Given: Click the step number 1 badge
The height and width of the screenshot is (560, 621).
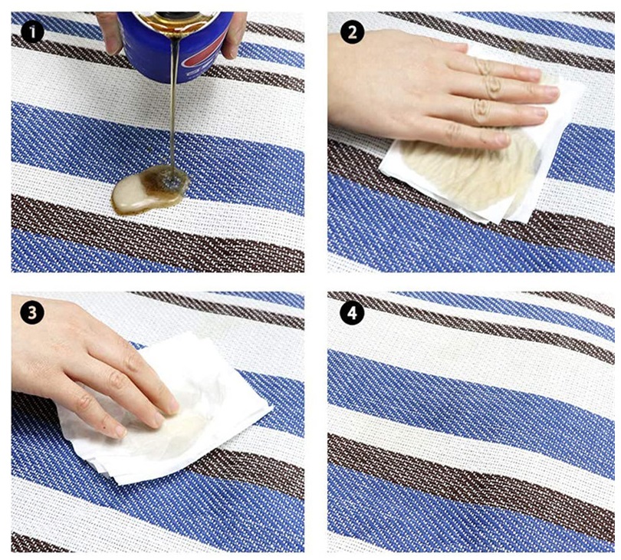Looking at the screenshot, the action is (32, 32).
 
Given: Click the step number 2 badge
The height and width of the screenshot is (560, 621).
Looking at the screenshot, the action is (352, 32).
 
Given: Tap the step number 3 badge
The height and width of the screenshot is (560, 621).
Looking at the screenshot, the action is (32, 313).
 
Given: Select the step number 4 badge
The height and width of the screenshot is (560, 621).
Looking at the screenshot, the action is (352, 313).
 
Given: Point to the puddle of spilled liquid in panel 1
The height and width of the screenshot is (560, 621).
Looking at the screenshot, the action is (150, 189).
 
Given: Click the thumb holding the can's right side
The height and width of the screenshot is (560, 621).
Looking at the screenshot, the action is (235, 34).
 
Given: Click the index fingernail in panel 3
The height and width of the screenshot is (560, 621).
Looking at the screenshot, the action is (173, 407).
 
